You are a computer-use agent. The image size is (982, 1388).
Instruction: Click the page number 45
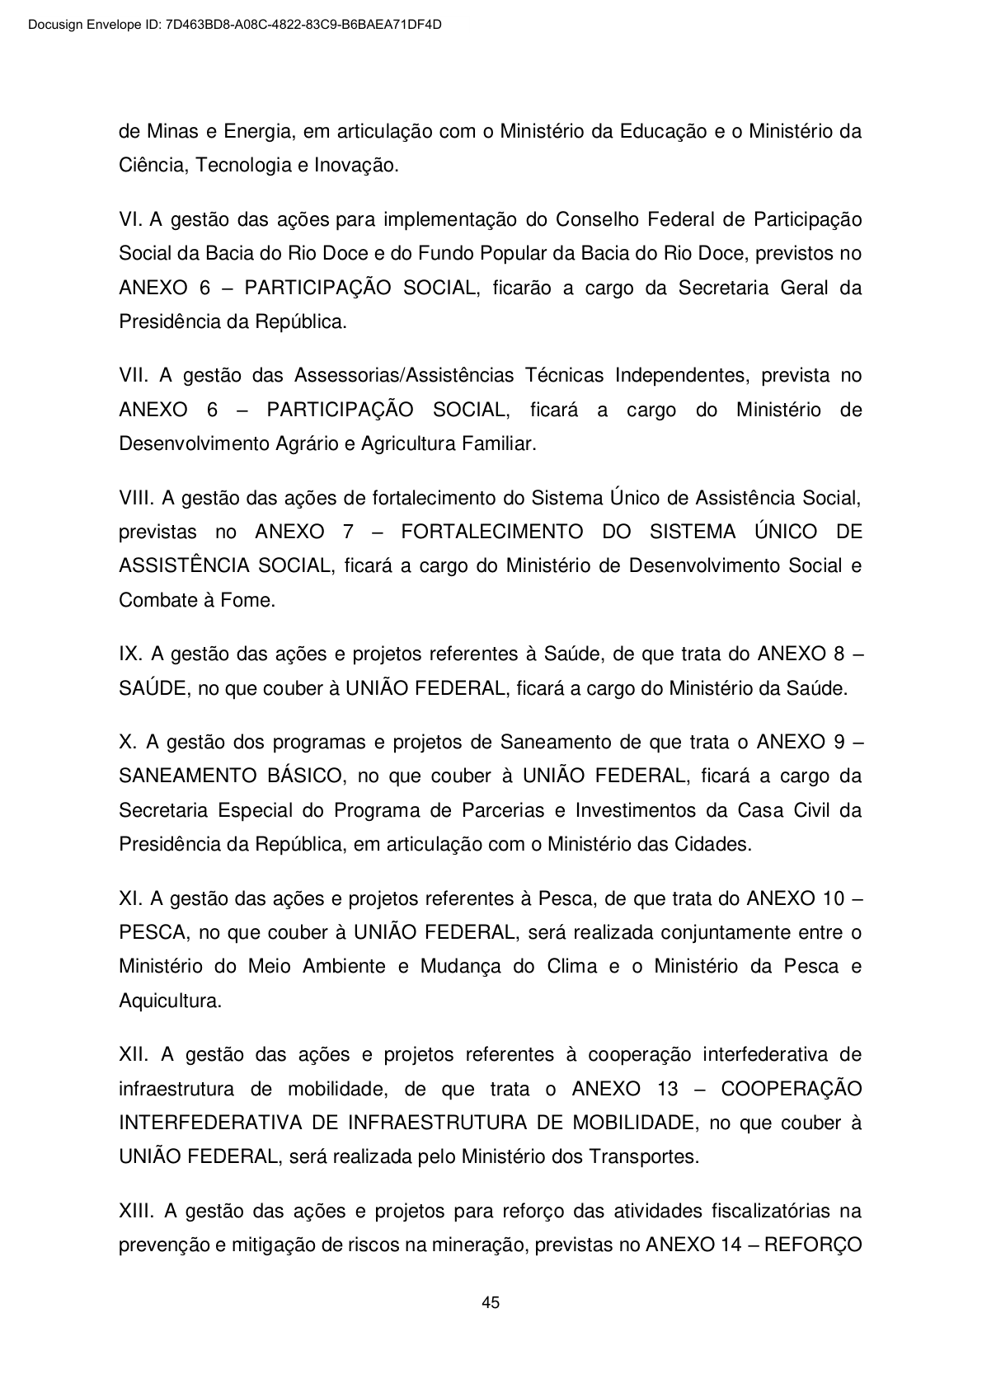coord(491,1303)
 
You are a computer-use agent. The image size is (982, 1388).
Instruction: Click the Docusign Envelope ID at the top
coord(234,25)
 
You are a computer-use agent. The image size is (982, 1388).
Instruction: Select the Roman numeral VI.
coord(130,220)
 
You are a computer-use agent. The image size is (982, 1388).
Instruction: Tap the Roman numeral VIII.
coord(136,498)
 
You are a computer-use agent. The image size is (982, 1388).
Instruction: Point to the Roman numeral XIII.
coord(137,1211)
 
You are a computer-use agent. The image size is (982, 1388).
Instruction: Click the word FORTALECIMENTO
coord(491,532)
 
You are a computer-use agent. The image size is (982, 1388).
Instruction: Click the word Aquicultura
coord(169,1001)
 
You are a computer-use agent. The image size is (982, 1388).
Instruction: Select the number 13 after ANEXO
coord(669,1089)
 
